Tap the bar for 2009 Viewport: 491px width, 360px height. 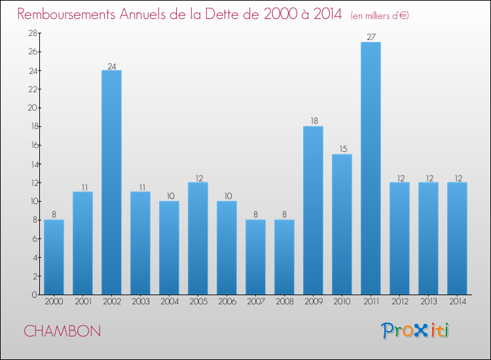pyautogui.click(x=313, y=210)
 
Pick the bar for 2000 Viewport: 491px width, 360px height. pyautogui.click(x=54, y=257)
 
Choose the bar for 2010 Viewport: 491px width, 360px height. pyautogui.click(x=342, y=224)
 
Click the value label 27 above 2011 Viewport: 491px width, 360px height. pyautogui.click(x=371, y=37)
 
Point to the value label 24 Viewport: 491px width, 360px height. pyautogui.click(x=111, y=65)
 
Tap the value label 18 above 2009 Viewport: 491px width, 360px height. pyautogui.click(x=313, y=121)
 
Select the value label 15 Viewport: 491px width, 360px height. pyautogui.click(x=342, y=149)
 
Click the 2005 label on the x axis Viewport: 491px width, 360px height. pyautogui.click(x=198, y=301)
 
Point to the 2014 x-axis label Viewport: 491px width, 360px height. pyautogui.click(x=457, y=301)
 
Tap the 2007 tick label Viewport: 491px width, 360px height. pyautogui.click(x=255, y=301)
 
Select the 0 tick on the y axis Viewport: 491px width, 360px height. pyautogui.click(x=32, y=295)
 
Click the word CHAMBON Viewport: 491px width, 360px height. pyautogui.click(x=62, y=331)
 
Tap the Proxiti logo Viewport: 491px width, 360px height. pyautogui.click(x=416, y=331)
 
